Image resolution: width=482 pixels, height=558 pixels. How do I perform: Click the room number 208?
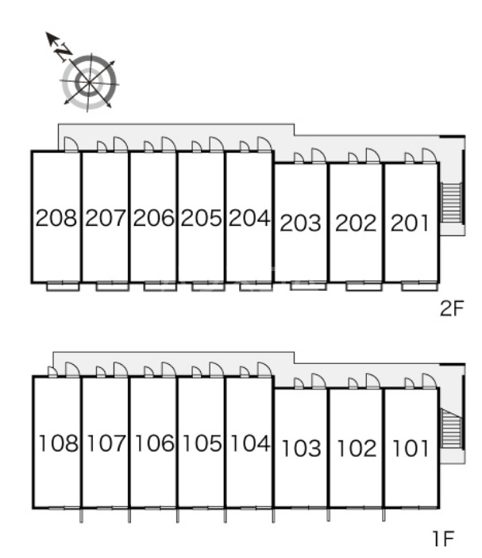point(56,218)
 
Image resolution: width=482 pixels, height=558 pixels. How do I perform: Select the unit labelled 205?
point(201,218)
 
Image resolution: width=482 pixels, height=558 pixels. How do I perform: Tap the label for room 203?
point(301,223)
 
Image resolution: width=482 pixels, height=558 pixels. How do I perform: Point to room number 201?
point(410,223)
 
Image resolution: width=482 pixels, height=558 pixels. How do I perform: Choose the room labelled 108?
point(58,444)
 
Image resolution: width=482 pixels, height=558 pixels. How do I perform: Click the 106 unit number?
point(155,444)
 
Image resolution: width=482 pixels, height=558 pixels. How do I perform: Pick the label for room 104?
point(250,444)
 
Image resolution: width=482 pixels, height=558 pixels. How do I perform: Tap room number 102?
point(357,448)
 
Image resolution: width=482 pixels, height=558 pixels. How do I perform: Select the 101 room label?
point(411,448)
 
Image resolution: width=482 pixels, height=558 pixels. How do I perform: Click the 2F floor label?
point(452,308)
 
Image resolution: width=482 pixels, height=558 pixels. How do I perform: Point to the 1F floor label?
point(443,538)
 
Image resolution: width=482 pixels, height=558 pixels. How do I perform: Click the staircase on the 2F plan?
point(451,203)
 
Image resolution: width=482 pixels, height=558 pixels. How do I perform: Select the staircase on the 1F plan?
point(451,428)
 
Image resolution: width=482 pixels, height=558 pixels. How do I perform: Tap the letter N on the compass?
point(64,52)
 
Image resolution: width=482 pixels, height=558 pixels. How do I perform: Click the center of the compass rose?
point(88,83)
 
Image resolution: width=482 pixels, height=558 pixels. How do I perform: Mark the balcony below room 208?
point(63,286)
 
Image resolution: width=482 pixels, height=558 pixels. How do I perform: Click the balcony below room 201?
point(419,286)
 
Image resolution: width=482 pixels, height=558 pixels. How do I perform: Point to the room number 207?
point(106,218)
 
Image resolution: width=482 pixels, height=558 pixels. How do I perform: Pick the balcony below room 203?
point(308,285)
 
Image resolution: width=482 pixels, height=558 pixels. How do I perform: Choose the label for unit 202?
point(356,223)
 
